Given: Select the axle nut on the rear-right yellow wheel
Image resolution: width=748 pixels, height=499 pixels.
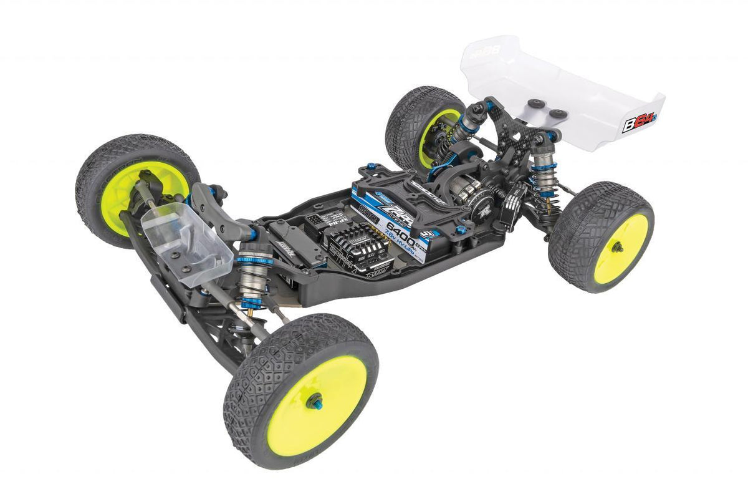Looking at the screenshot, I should [x=617, y=248].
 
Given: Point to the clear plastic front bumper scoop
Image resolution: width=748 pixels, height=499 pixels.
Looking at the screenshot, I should [x=178, y=243].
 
